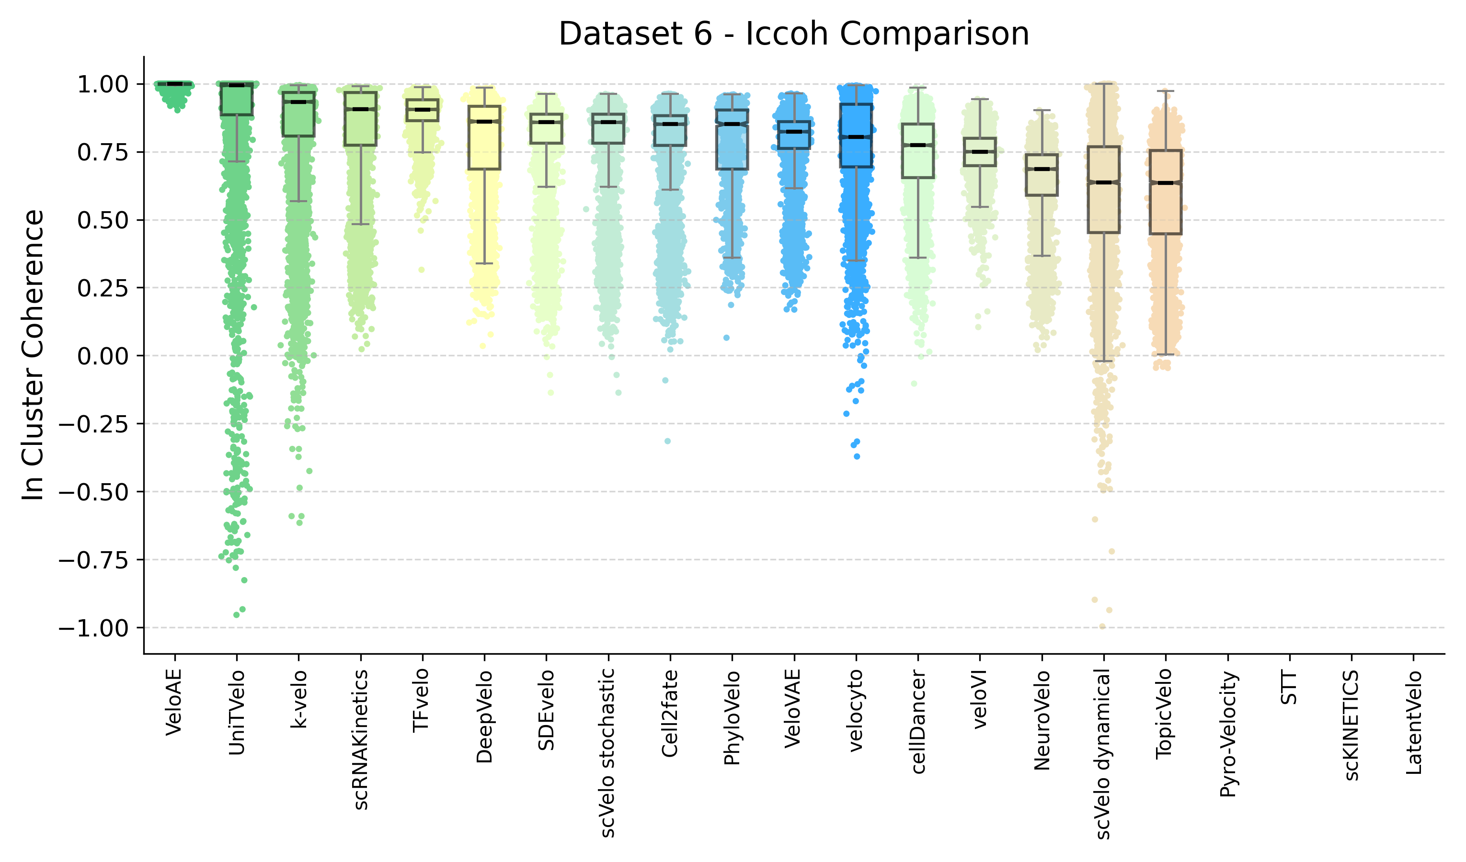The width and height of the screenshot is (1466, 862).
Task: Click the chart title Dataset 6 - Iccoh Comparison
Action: [x=793, y=34]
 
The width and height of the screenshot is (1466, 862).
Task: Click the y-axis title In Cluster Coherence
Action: [x=33, y=355]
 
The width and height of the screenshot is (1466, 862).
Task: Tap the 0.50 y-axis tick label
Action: [x=103, y=220]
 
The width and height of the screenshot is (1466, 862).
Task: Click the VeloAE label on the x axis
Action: [x=174, y=702]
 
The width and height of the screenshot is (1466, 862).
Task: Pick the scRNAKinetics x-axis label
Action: [x=361, y=739]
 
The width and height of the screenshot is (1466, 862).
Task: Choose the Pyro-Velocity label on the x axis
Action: [x=1227, y=734]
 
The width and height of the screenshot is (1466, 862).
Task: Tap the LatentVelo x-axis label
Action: [x=1414, y=723]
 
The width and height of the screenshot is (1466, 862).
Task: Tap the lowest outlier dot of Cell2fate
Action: [x=667, y=442]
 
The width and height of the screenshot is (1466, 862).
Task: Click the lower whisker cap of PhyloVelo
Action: [x=732, y=258]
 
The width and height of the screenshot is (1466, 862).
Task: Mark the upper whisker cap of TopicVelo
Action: [x=1165, y=91]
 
